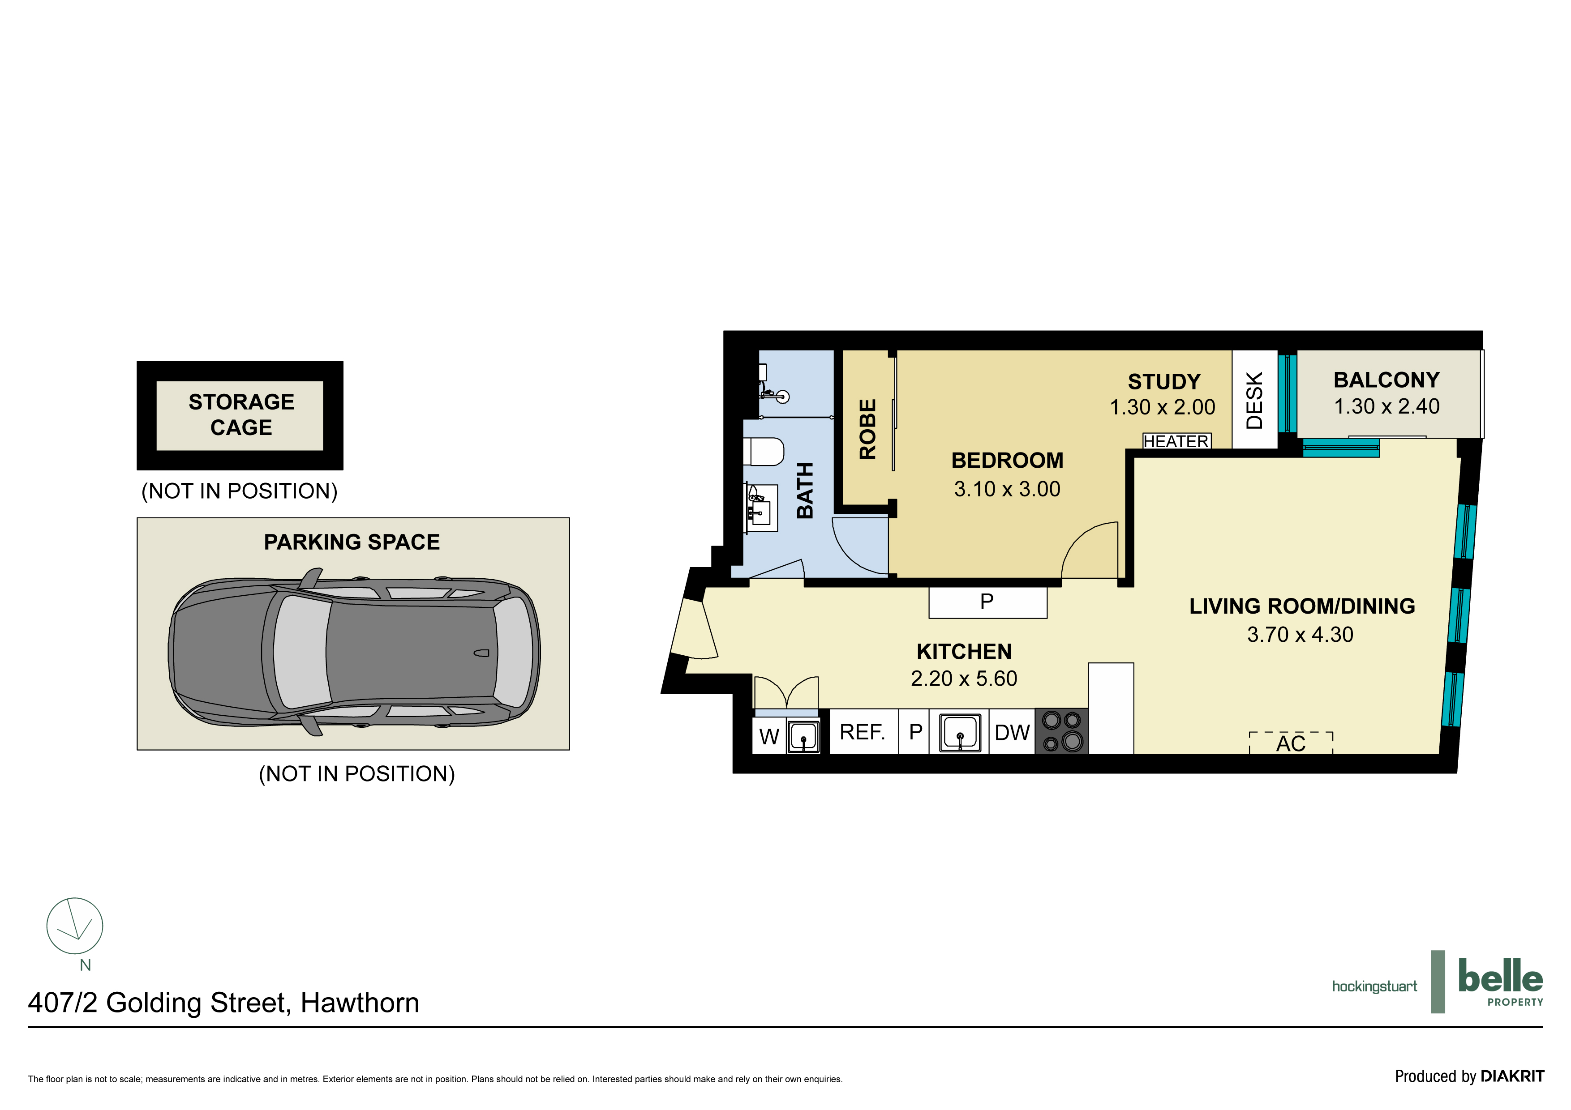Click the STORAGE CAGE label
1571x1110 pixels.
(241, 414)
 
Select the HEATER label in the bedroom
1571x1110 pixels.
(1176, 441)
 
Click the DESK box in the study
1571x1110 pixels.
(1254, 400)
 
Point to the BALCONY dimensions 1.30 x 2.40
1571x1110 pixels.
(1386, 406)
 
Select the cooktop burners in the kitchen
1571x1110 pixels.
(1061, 731)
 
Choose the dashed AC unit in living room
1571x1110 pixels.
(1291, 743)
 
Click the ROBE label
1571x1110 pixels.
(867, 430)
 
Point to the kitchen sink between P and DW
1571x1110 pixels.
(959, 733)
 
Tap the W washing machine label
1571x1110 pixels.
(769, 737)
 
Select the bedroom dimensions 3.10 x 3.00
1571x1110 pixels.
(1007, 489)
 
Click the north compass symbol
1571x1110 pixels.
(75, 926)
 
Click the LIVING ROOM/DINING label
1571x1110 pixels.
(1301, 606)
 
